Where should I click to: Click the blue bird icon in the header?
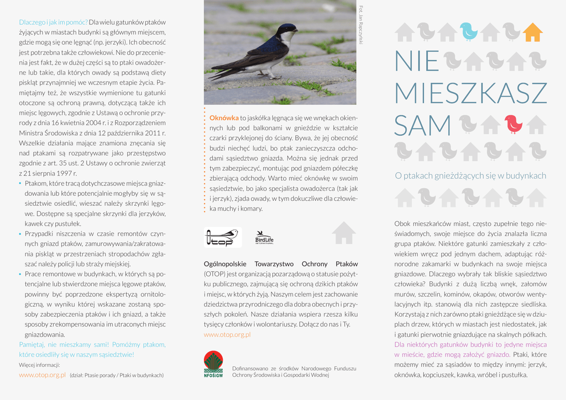point(469,31)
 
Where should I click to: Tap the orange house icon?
point(533,32)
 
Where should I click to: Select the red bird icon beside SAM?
point(513,124)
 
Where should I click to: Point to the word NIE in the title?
point(417,61)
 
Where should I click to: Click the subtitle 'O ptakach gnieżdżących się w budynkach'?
point(470,176)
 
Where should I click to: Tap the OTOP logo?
point(221,237)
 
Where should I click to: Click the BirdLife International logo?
point(264,238)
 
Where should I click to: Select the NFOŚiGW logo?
point(213,365)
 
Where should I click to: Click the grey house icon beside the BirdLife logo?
point(344,233)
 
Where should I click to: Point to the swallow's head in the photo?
point(287,31)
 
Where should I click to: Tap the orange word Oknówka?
point(224,118)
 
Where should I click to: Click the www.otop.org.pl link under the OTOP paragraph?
point(227,334)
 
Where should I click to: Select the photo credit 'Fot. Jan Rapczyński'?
point(361,24)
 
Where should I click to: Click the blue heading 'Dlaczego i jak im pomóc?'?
point(53,22)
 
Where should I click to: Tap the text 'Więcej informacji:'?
point(39,365)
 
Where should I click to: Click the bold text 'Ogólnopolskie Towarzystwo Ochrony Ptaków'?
point(281,264)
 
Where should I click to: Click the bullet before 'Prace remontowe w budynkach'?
point(21,274)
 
